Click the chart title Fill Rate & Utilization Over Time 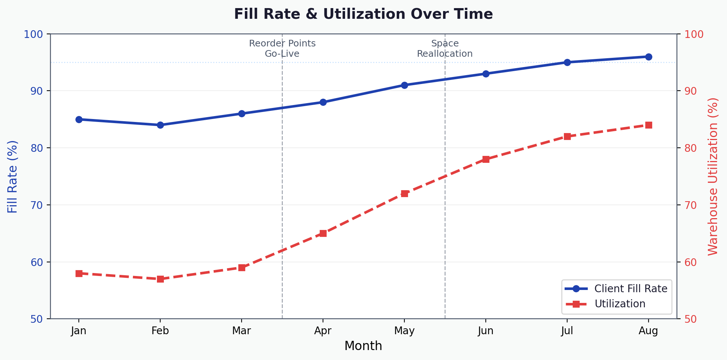click(x=363, y=14)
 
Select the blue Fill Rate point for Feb click(x=160, y=125)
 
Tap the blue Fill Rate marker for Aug click(x=649, y=57)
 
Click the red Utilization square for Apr click(x=323, y=233)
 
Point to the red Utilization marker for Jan click(x=79, y=273)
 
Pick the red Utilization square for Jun click(x=486, y=159)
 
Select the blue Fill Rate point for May click(x=404, y=85)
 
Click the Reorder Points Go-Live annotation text click(x=282, y=49)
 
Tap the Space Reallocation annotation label click(x=445, y=49)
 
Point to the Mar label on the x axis click(x=242, y=331)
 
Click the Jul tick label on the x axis click(x=567, y=331)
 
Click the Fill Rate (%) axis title click(x=13, y=176)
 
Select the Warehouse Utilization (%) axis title click(x=713, y=176)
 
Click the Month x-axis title click(x=363, y=346)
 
